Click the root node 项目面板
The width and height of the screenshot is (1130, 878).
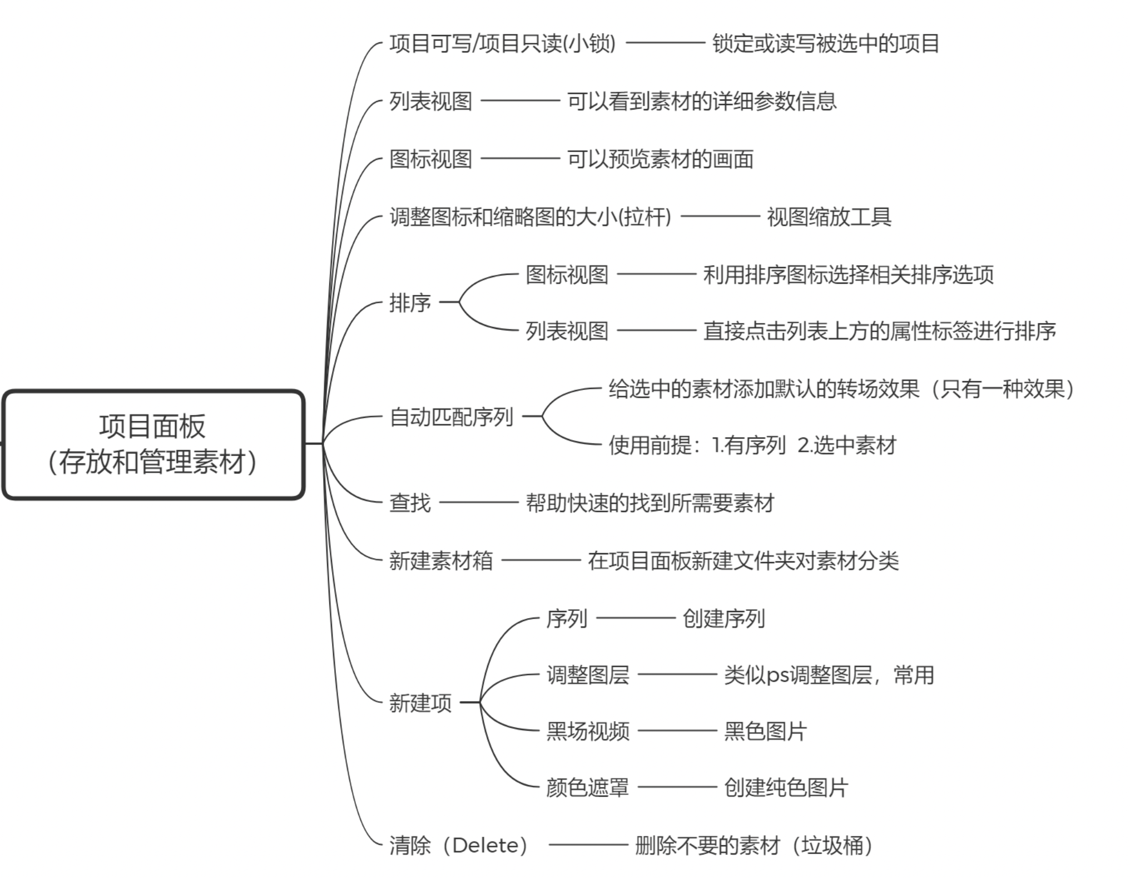(x=153, y=444)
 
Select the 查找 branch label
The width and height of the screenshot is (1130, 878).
(x=410, y=503)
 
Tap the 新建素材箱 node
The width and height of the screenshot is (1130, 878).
(x=441, y=561)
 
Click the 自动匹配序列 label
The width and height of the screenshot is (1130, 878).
(x=451, y=417)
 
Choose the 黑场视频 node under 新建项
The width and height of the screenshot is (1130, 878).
(x=588, y=731)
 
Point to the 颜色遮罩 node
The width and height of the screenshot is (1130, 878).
(x=588, y=788)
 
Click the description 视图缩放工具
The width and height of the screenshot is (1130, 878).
(x=829, y=217)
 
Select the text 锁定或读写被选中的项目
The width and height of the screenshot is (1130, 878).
(x=826, y=43)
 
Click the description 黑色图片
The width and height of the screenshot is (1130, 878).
(x=765, y=731)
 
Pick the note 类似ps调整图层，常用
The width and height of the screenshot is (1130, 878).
(x=829, y=675)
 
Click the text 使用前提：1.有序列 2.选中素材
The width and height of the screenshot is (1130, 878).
(x=752, y=445)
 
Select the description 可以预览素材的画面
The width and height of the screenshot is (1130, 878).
(x=660, y=159)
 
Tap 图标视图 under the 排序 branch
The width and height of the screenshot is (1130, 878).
(x=567, y=274)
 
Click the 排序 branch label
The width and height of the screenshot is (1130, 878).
(x=410, y=303)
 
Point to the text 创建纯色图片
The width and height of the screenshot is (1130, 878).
(x=786, y=788)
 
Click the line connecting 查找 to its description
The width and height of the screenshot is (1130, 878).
(x=479, y=502)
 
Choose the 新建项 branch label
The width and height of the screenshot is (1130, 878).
(x=420, y=703)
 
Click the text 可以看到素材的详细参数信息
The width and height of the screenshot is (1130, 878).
(x=702, y=101)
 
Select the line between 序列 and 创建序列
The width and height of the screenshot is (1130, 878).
(x=636, y=618)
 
